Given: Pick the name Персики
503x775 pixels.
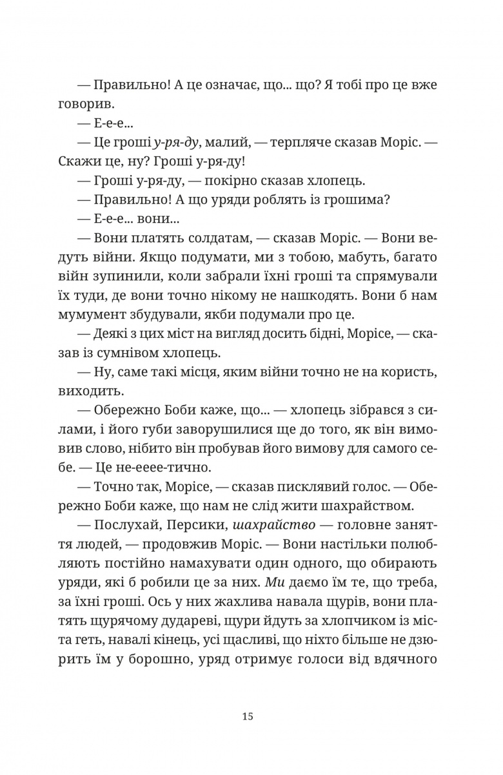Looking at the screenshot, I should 180,525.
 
